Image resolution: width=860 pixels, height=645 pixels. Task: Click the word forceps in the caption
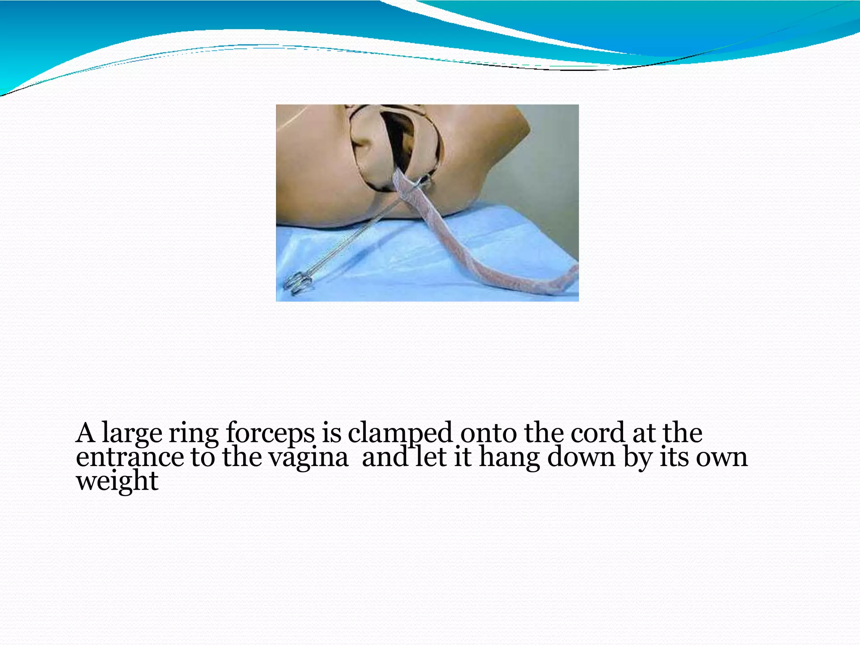(270, 433)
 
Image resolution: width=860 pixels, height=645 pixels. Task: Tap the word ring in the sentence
(194, 433)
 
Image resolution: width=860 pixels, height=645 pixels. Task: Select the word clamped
(400, 433)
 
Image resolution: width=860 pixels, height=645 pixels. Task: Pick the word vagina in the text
(309, 458)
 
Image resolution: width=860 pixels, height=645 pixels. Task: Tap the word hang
(509, 458)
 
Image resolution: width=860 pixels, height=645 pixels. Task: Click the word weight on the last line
(117, 481)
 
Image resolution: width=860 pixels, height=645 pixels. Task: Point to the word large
(132, 433)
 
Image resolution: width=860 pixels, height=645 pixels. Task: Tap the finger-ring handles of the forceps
(299, 283)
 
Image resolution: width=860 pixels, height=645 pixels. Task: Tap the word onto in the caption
(488, 433)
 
